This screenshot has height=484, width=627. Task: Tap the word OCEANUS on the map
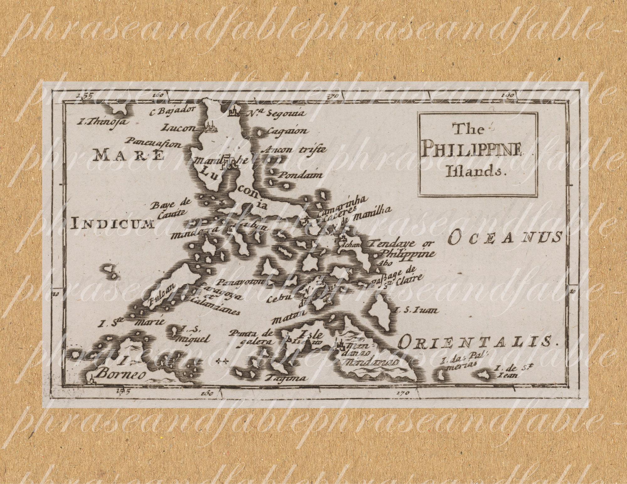504,237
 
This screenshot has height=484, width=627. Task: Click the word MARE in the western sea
129,155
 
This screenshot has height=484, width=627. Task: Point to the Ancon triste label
295,149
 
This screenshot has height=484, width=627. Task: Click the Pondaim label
301,174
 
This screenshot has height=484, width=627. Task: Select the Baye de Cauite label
171,208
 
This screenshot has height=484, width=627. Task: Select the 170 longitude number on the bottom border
402,392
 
